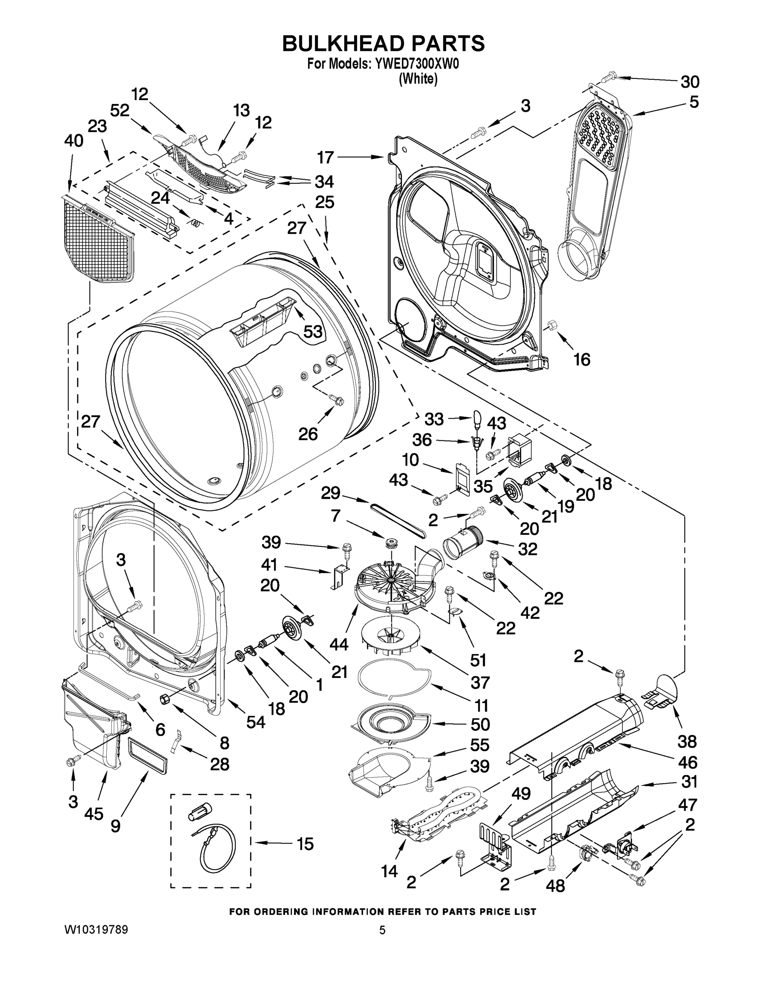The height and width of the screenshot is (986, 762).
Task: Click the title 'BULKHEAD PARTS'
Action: coord(383,44)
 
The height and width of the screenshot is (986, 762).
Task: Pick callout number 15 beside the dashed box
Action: coord(305,844)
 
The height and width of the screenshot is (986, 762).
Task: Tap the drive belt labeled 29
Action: coord(398,521)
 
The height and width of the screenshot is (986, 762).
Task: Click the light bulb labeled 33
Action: coord(477,417)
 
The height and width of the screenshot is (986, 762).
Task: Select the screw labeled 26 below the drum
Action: coord(336,399)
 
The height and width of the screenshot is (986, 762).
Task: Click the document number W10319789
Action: coord(96,930)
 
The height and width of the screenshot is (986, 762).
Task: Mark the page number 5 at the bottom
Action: coord(382,930)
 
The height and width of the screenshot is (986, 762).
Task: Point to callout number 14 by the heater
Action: coord(389,871)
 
